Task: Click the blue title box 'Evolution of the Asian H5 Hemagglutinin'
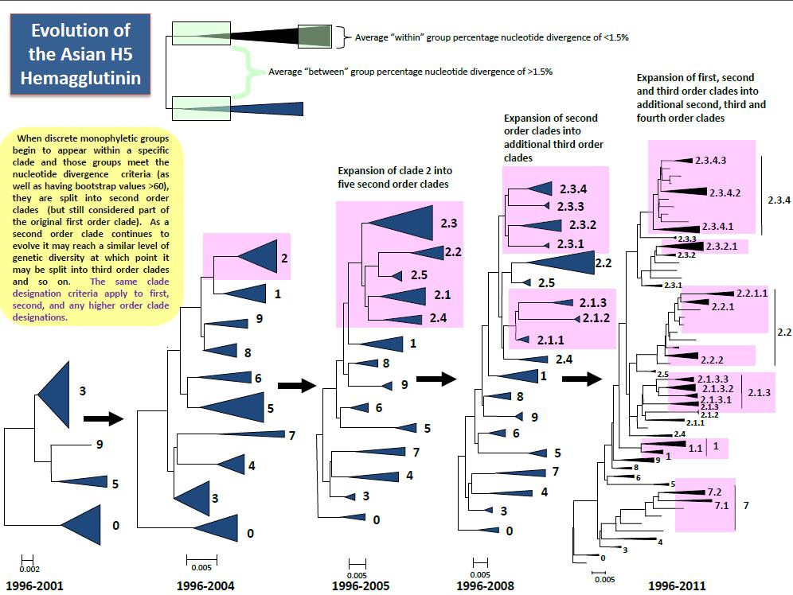tap(80, 55)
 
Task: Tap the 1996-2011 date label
tap(676, 586)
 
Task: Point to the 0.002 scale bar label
tap(29, 569)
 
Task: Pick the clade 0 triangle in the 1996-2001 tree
tap(84, 525)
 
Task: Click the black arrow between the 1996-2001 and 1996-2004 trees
tap(104, 418)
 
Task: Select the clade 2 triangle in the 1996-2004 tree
tap(257, 258)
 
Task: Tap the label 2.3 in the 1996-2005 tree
tap(448, 224)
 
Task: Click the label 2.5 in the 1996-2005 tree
tap(419, 275)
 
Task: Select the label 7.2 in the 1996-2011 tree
tap(714, 492)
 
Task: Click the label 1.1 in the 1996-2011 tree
tap(694, 448)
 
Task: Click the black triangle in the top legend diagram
tap(263, 35)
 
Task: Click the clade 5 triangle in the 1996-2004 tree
tap(239, 408)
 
